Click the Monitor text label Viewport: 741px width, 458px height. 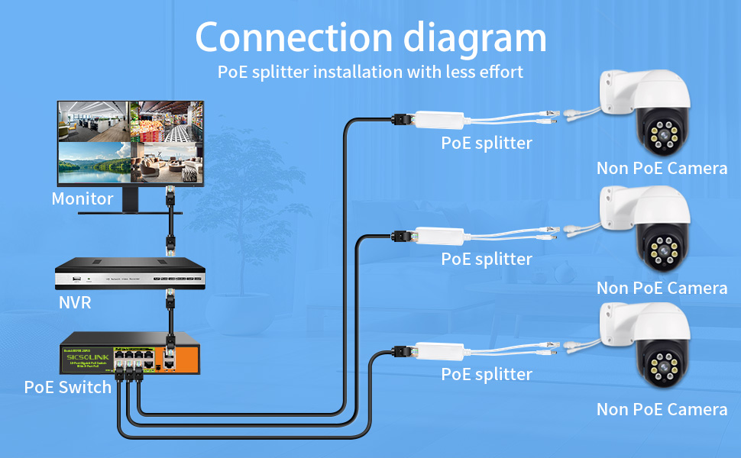83,199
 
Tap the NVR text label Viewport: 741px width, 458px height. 75,303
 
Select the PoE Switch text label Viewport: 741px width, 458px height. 68,387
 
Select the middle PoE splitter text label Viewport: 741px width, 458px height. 487,260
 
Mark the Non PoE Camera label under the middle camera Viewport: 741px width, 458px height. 662,289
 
